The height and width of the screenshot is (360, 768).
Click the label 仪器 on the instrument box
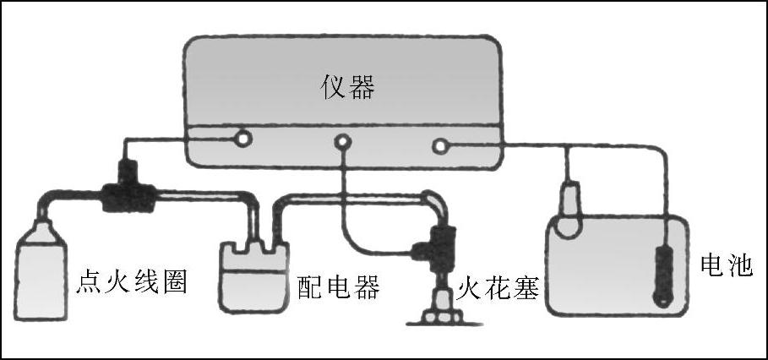pos(347,88)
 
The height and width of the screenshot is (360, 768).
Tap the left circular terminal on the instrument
pos(243,137)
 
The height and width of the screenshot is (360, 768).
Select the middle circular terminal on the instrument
pos(342,143)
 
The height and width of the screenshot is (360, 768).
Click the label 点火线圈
pos(133,282)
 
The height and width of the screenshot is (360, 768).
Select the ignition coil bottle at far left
pos(41,270)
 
